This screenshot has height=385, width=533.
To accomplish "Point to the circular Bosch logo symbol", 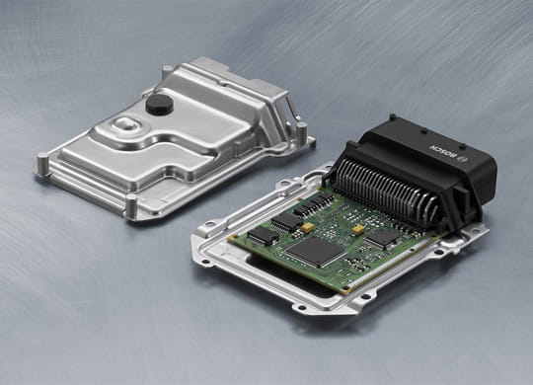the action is point(463,160).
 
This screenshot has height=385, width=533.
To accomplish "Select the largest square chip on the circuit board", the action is point(316,252).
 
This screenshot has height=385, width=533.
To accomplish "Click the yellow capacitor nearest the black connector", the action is point(358,230).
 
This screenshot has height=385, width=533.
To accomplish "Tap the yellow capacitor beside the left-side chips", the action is point(307,227).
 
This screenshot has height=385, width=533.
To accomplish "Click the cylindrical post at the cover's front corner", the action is point(131,205).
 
